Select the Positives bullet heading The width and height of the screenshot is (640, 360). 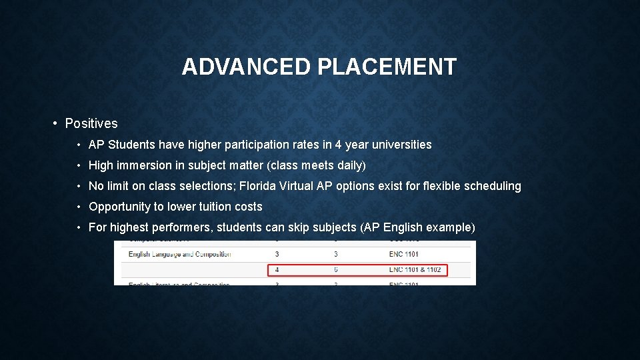coord(91,123)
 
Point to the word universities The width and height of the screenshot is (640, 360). coord(401,145)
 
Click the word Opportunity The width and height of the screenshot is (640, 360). coord(120,207)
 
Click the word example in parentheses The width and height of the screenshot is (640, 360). coord(449,227)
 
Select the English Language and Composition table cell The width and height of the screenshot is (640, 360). coord(180,254)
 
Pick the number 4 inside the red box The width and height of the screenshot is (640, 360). coord(277,270)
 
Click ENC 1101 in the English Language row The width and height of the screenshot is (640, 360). coord(404,254)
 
